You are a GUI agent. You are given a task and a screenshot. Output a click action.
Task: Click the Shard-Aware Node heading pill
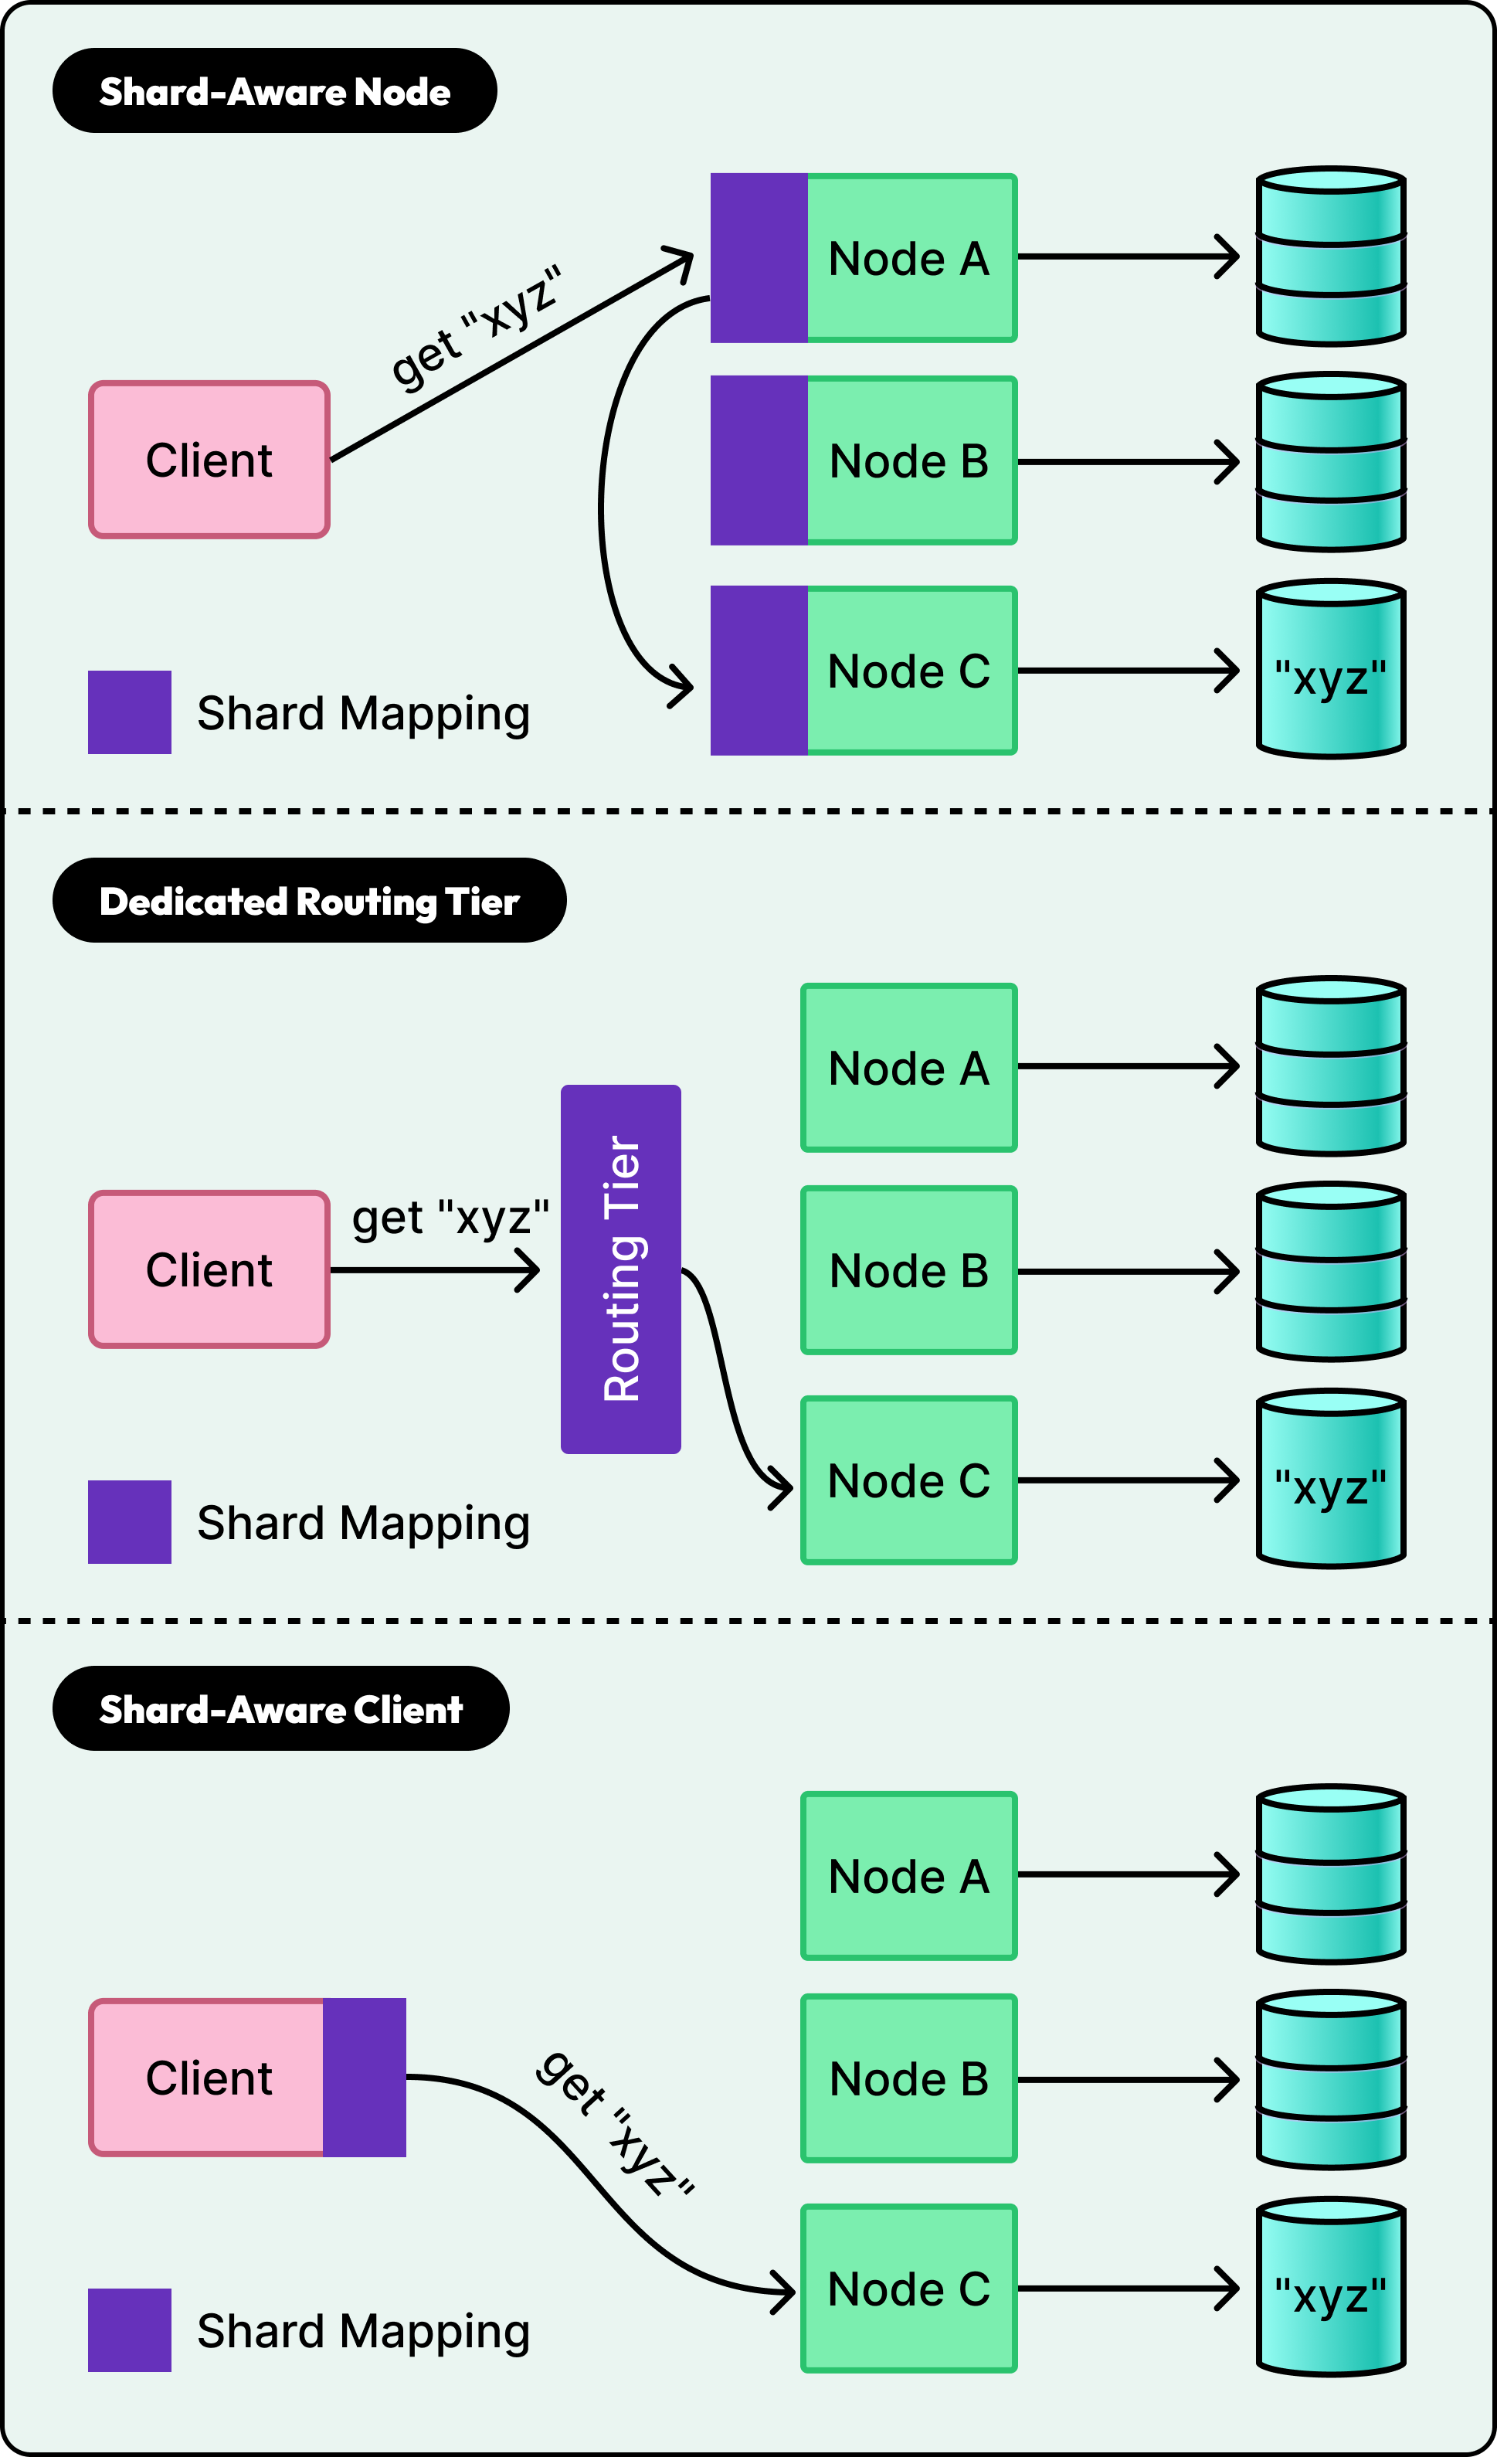coord(274,90)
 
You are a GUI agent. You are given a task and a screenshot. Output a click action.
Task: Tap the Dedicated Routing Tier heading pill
coord(309,900)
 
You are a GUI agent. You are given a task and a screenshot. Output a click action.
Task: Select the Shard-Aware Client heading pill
coord(280,1708)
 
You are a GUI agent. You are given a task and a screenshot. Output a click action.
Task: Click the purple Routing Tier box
coord(620,1269)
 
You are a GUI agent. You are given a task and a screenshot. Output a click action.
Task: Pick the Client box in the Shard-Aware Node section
coord(209,460)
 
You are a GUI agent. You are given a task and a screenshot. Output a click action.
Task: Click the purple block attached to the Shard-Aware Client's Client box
coord(365,2077)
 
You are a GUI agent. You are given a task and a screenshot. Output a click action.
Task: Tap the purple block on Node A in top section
coord(759,257)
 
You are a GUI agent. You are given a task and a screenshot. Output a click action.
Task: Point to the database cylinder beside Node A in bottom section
coord(1331,1874)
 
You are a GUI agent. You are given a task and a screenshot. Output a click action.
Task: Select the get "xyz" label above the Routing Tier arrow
coord(450,1218)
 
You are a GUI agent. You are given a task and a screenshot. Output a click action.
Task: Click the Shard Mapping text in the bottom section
coord(363,2331)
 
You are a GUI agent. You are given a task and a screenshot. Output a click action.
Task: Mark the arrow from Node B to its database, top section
coord(1126,462)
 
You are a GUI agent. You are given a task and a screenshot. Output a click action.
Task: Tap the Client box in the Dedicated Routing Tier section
coord(209,1269)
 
